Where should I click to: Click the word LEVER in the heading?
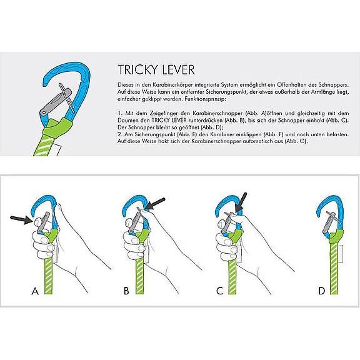[x=176, y=68]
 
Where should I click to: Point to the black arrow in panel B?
[x=156, y=203]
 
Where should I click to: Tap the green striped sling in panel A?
[x=47, y=275]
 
